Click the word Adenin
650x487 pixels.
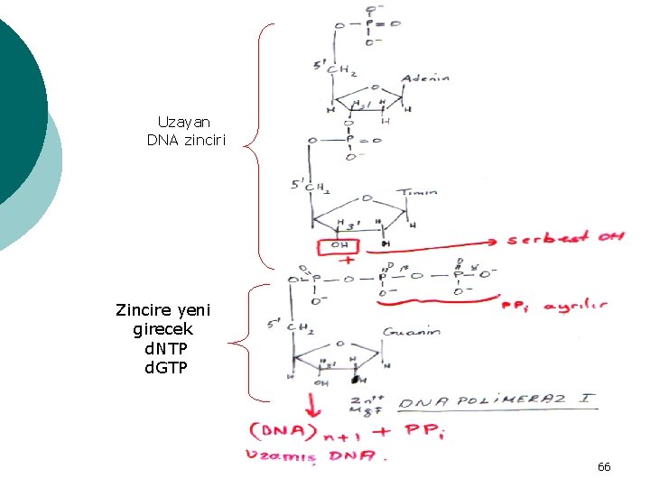pos(425,78)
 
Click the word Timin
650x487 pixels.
pos(419,191)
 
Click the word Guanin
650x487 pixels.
pos(412,332)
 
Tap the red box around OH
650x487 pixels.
pos(339,245)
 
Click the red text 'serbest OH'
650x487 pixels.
pos(565,238)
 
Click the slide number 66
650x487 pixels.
pos(604,466)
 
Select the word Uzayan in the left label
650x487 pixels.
pos(184,122)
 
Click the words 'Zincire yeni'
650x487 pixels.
pos(162,310)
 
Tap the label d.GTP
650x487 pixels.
pos(164,366)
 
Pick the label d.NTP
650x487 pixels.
pos(164,348)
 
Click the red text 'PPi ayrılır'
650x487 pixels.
pos(553,306)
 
